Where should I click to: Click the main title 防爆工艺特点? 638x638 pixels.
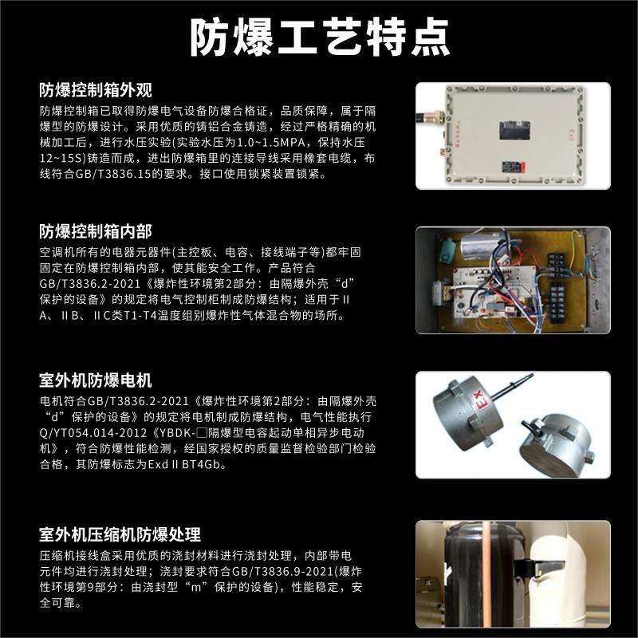(x=320, y=37)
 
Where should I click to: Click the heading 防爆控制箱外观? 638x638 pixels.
(x=96, y=90)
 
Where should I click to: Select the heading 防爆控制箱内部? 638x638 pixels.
(x=96, y=231)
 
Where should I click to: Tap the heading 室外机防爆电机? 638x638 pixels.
(x=96, y=380)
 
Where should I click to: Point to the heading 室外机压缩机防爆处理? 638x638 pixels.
(x=120, y=534)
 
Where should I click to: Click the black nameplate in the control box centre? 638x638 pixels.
(x=514, y=131)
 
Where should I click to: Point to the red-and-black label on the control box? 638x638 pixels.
(x=513, y=167)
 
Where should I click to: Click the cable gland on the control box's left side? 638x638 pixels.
(x=431, y=116)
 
